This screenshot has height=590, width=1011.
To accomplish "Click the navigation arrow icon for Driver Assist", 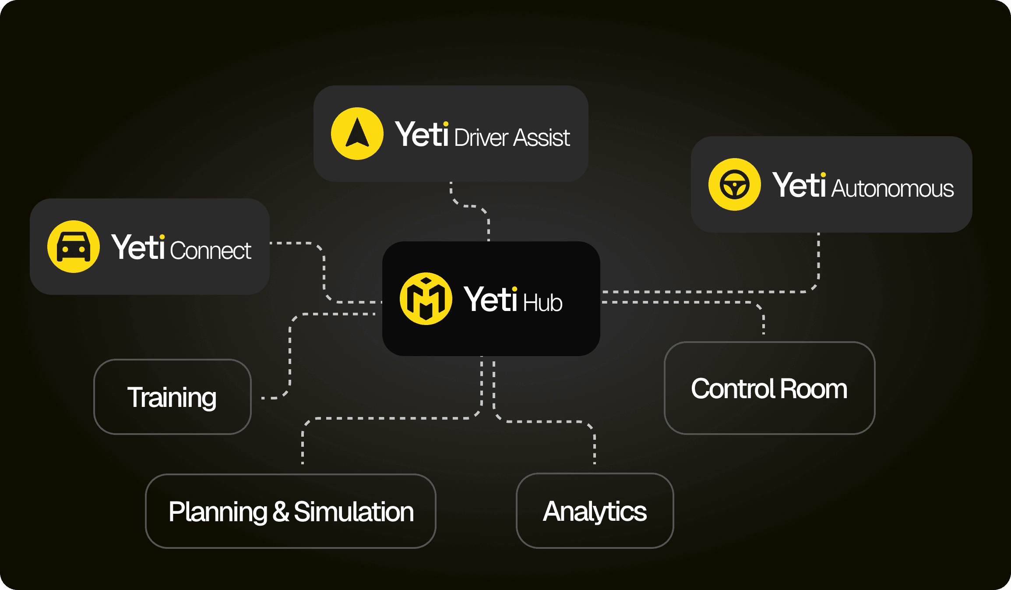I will click(357, 134).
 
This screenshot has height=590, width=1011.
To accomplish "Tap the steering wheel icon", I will click(734, 184).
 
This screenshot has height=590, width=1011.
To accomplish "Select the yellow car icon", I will click(74, 247).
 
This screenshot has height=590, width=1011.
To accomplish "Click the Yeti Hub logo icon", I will click(426, 299).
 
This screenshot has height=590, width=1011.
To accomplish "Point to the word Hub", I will click(542, 303).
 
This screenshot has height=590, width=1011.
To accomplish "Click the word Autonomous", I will click(892, 189).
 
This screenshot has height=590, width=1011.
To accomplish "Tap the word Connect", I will click(210, 251).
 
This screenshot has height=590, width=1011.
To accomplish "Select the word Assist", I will click(542, 138).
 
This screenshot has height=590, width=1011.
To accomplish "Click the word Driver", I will click(481, 138).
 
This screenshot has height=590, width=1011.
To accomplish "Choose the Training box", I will click(173, 397).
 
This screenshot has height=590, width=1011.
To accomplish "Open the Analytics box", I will click(595, 511).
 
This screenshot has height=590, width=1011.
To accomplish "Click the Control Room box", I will click(769, 388).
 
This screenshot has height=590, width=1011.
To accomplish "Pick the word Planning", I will click(218, 512).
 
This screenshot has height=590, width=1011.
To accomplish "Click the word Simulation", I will click(354, 512).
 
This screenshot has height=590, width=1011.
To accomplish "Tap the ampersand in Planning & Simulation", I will click(281, 512).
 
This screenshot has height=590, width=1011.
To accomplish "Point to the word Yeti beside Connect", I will click(138, 247).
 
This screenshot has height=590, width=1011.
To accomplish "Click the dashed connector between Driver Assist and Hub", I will click(488, 223).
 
